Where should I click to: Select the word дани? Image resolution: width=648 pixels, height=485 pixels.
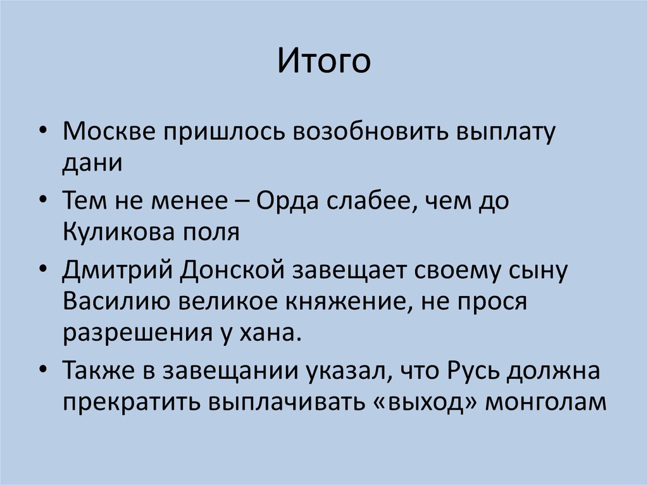91,163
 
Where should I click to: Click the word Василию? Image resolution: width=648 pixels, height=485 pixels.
115,302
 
